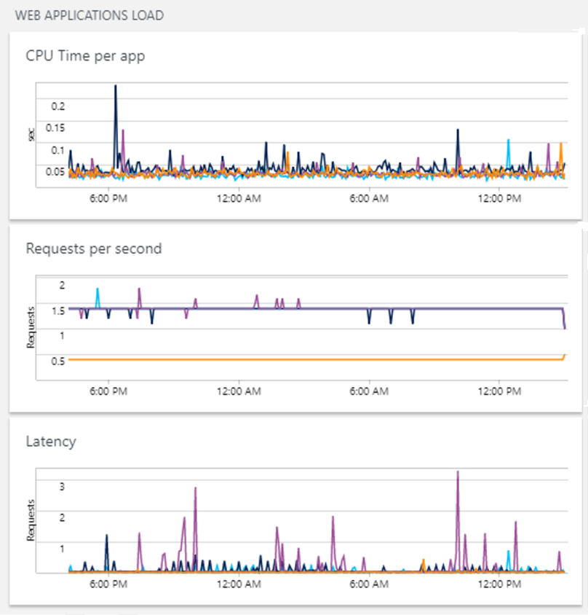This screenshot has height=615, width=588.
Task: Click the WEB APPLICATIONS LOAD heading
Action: (x=90, y=15)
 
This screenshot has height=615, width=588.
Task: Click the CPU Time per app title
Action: (x=85, y=56)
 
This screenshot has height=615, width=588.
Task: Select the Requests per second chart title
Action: (x=93, y=248)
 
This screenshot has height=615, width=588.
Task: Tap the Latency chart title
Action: (x=51, y=441)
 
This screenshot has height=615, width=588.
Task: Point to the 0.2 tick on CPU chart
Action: (x=57, y=106)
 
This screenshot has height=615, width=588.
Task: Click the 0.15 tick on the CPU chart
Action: (x=55, y=128)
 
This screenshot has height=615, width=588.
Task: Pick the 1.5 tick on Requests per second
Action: (x=58, y=310)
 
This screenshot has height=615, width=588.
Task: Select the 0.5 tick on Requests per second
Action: (x=58, y=360)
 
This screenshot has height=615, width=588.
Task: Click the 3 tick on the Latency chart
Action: (x=62, y=485)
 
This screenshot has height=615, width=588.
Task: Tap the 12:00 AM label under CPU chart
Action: (x=239, y=199)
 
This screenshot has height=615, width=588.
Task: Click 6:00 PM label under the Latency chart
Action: (x=108, y=584)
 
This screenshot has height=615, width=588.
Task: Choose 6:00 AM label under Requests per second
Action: (x=370, y=391)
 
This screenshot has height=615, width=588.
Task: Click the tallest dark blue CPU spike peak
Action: (x=115, y=86)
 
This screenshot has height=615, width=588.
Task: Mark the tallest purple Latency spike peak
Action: (x=457, y=472)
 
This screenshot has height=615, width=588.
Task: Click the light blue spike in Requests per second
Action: (x=97, y=289)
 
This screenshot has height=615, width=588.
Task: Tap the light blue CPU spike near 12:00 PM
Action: (x=509, y=141)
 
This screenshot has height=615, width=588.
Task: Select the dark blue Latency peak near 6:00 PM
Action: (x=107, y=536)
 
